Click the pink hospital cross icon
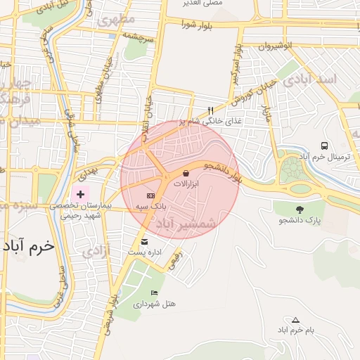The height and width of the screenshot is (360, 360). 81,193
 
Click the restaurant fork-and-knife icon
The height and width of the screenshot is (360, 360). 210,110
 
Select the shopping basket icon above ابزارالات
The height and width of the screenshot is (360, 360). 186,172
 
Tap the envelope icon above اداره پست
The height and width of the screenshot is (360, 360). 144,241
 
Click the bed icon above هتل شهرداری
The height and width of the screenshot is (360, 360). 154,292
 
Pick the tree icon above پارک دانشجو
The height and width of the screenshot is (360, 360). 300,210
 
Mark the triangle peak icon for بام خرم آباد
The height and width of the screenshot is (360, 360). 295,319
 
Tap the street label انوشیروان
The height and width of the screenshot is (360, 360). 287,46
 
